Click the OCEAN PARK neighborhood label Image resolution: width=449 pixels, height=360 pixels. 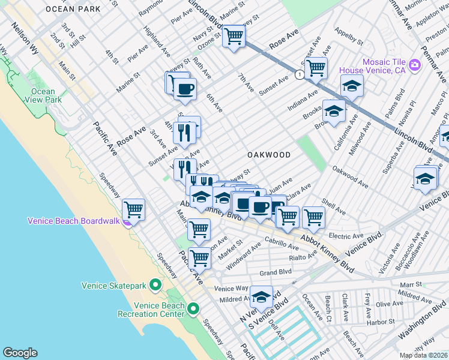(72, 9)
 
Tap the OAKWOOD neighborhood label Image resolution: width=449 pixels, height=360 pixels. (269, 155)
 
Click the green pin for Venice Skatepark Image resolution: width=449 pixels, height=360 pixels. (155, 284)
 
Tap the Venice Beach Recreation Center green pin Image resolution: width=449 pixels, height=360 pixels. (193, 309)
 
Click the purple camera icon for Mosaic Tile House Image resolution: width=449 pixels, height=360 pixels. (414, 65)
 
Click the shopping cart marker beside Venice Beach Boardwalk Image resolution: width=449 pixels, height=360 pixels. (133, 210)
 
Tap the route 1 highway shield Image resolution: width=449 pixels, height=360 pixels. (298, 74)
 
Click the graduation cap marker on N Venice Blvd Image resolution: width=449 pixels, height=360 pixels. (261, 296)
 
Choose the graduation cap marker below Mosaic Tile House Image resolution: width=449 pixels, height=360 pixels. (352, 85)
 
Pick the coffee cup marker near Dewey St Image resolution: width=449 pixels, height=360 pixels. (185, 89)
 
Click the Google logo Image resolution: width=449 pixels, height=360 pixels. (20, 353)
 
